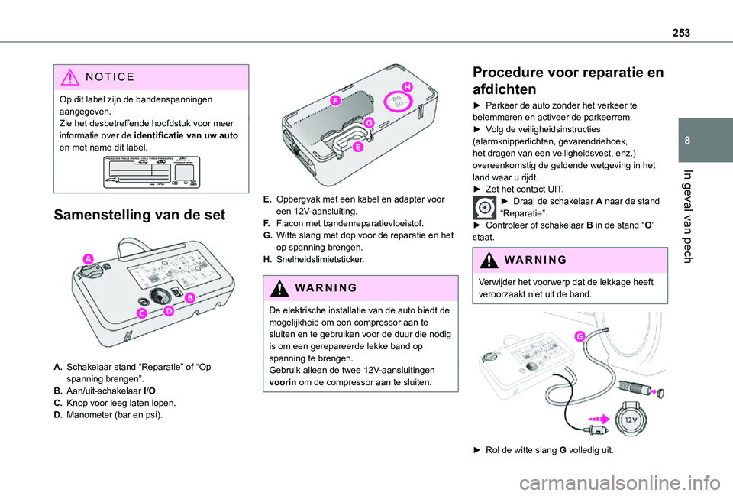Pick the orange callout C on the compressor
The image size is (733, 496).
pyautogui.click(x=143, y=313)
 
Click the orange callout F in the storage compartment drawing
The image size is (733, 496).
pyautogui.click(x=334, y=100)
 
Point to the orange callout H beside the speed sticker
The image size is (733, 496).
pyautogui.click(x=406, y=87)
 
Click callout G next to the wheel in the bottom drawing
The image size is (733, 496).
pyautogui.click(x=580, y=336)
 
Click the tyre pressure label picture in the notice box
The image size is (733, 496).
pyautogui.click(x=147, y=170)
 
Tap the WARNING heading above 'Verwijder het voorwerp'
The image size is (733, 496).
pyautogui.click(x=529, y=259)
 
